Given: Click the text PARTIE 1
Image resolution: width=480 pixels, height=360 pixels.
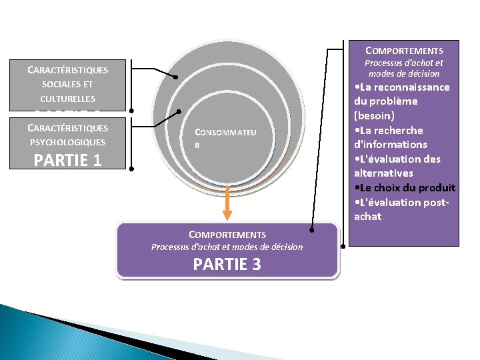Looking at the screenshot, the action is (67, 160).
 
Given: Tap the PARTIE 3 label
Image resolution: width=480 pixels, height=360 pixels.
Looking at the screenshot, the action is (227, 264).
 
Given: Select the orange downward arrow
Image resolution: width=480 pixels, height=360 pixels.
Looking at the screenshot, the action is (227, 204).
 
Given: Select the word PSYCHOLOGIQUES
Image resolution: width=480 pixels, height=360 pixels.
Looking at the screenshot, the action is (67, 142).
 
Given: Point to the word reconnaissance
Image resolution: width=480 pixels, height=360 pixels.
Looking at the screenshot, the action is (412, 87).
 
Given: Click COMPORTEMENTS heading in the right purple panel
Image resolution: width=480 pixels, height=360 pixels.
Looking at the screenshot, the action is (404, 51).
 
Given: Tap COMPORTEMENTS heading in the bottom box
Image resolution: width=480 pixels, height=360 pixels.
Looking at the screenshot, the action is (227, 235).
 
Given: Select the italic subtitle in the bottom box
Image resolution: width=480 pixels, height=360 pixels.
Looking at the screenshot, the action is (227, 247).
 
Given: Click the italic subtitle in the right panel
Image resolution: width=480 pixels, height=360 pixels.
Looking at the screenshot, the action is (403, 68).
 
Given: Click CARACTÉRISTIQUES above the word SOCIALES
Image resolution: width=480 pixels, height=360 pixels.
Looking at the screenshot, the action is (67, 69).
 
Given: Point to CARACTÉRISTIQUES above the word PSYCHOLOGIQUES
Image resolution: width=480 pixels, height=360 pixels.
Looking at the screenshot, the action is (67, 128).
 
